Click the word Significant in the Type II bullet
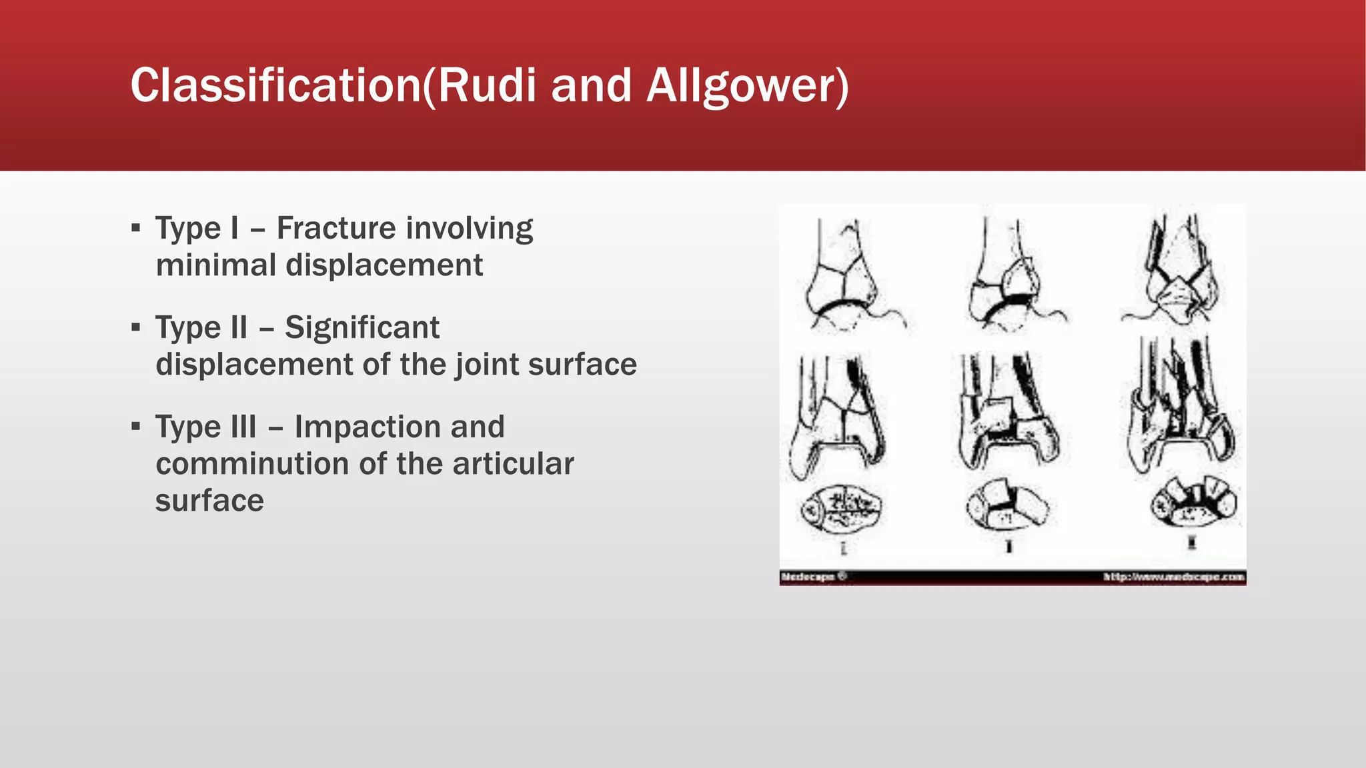pyautogui.click(x=362, y=327)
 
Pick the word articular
pyautogui.click(x=512, y=463)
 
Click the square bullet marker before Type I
pyautogui.click(x=136, y=228)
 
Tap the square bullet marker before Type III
pyautogui.click(x=136, y=426)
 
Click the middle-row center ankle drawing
pyautogui.click(x=1008, y=411)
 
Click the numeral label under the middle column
pyautogui.click(x=1009, y=546)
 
